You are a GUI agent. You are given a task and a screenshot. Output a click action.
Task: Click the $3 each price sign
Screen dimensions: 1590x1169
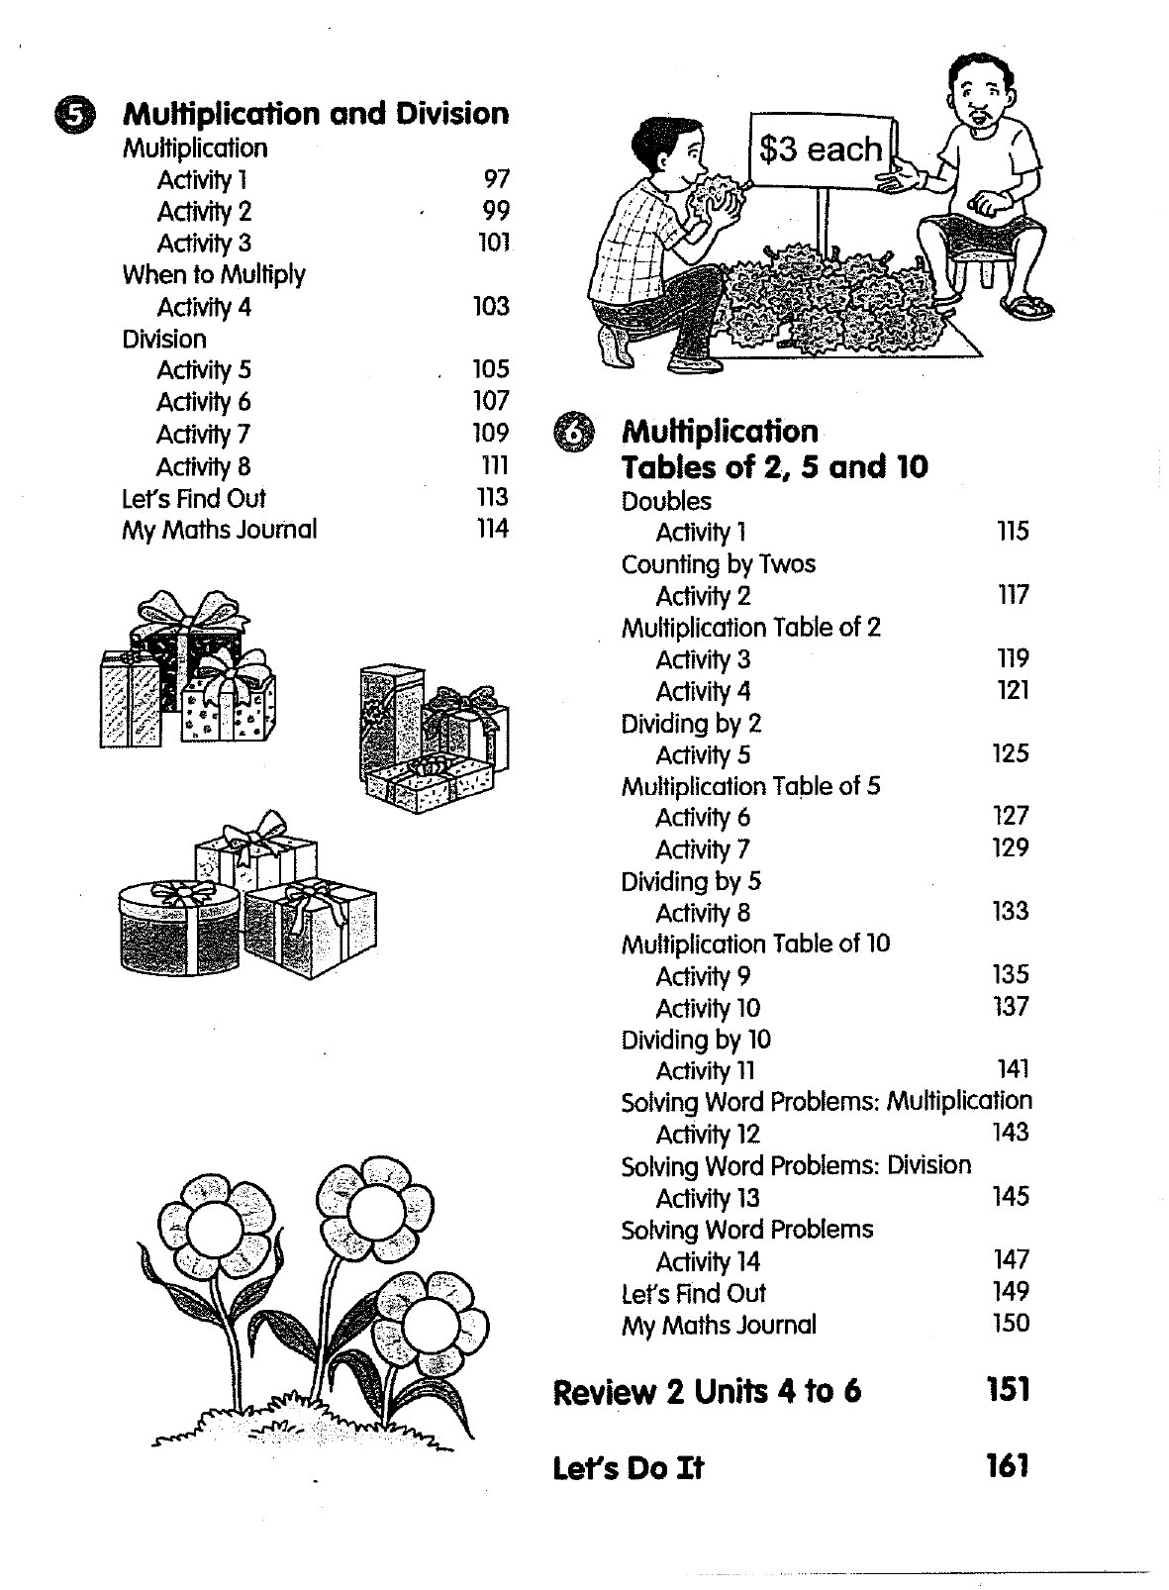click(821, 149)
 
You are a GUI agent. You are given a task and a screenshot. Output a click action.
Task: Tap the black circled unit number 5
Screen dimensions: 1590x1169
click(72, 116)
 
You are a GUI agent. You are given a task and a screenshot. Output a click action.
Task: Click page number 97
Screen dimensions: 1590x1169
click(496, 179)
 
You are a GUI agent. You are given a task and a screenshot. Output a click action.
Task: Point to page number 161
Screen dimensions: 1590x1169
click(1008, 1465)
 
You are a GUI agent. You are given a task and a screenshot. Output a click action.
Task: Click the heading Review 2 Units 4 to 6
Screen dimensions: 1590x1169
click(707, 1392)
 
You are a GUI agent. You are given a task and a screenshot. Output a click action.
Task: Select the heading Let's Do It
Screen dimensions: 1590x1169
click(628, 1467)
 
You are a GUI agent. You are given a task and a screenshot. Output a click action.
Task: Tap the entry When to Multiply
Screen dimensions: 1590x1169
click(214, 275)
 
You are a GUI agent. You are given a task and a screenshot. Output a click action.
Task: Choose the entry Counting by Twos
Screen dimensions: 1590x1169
click(719, 564)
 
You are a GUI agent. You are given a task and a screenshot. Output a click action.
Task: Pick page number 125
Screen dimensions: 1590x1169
click(1011, 753)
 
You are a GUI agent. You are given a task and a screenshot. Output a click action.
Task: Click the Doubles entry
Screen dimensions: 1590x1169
click(666, 501)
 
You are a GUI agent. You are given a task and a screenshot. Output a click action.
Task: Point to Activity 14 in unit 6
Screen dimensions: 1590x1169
click(708, 1261)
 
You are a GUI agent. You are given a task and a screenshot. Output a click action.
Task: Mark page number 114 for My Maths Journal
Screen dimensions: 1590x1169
click(492, 529)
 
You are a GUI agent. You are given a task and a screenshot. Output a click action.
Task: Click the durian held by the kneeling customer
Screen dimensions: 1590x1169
click(718, 192)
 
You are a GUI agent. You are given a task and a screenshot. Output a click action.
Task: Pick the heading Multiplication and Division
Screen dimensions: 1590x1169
click(315, 114)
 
